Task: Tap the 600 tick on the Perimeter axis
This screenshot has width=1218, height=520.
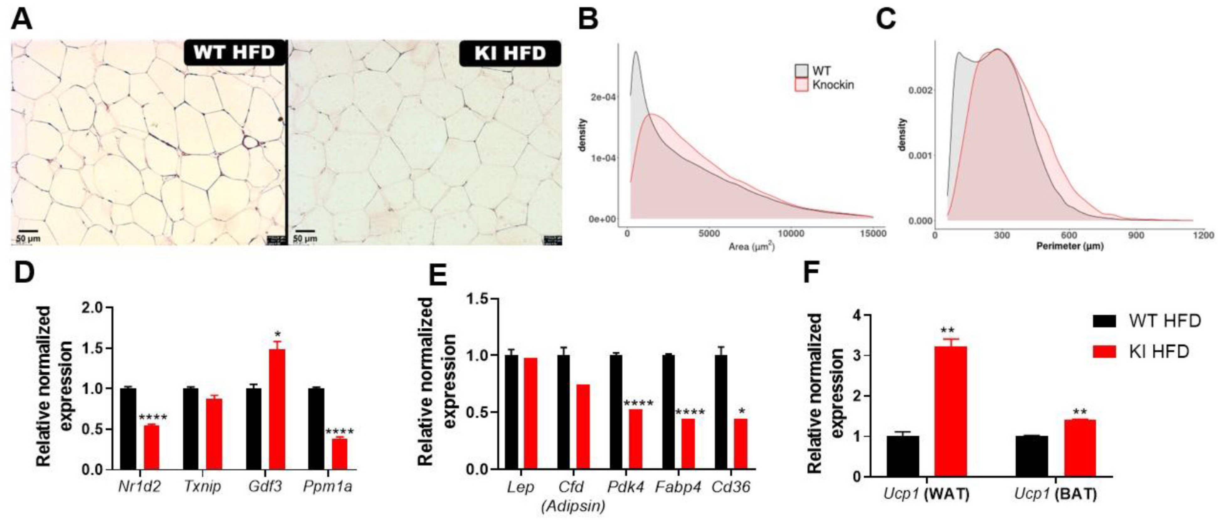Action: pos(1068,235)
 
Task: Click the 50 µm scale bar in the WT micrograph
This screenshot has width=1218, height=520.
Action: pos(28,231)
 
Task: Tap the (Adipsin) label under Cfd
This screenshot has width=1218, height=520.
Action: pos(573,506)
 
